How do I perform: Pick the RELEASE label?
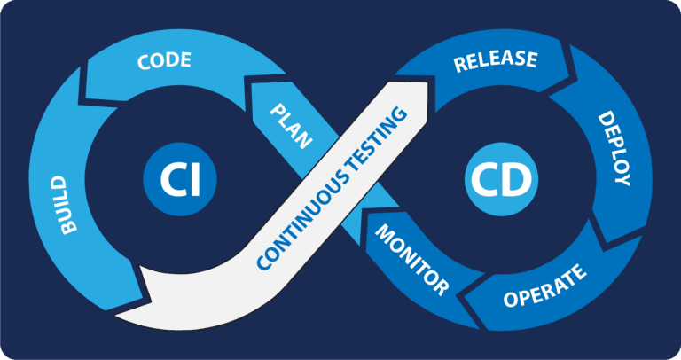(x=495, y=61)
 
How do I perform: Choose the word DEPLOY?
(x=614, y=148)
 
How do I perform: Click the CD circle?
(x=499, y=180)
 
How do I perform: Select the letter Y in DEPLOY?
(x=621, y=179)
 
